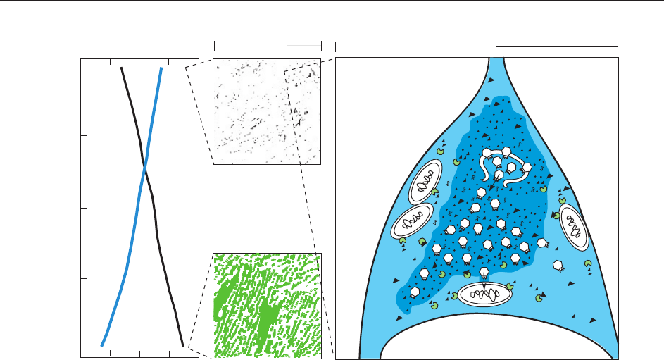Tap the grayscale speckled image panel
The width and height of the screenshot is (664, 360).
(x=267, y=111)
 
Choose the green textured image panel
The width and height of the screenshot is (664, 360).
(x=267, y=305)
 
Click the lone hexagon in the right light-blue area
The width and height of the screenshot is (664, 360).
(x=559, y=266)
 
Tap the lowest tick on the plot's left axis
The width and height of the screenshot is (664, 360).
(x=84, y=279)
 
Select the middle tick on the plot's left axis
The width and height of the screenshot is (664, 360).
(x=84, y=209)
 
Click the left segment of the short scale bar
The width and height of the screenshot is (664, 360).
(x=231, y=44)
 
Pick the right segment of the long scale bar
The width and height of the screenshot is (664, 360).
(x=556, y=44)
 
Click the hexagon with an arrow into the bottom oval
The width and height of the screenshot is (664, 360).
(x=484, y=273)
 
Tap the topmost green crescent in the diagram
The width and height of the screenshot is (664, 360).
(x=441, y=150)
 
